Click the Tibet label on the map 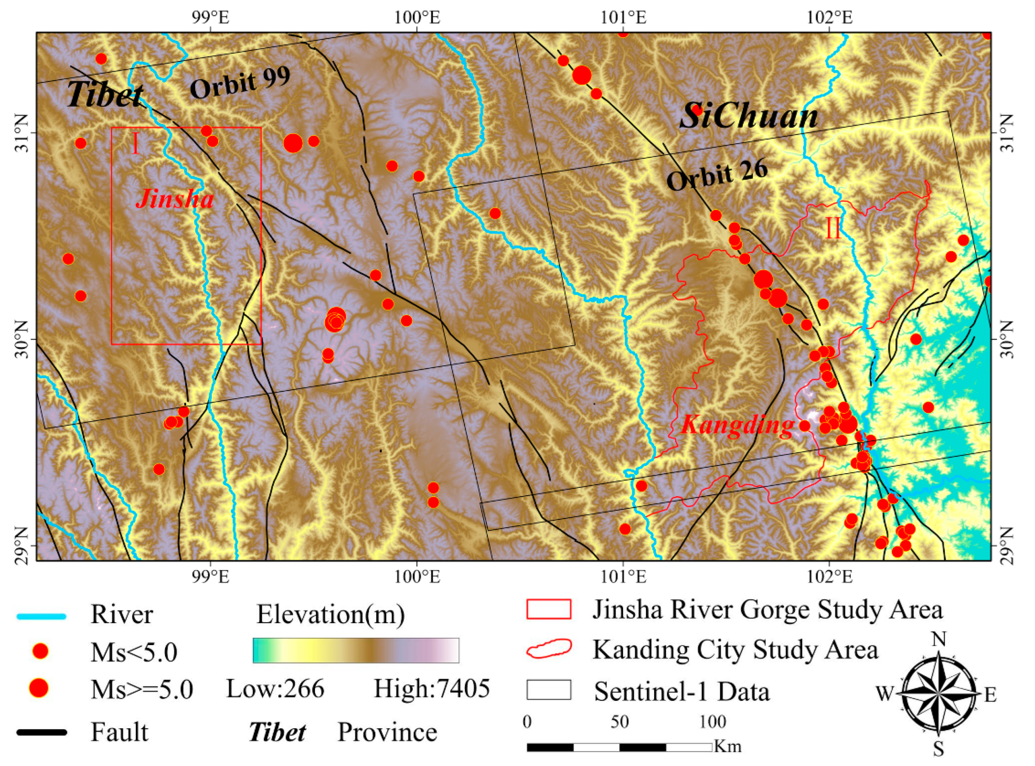[x=105, y=95]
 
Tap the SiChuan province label [x=749, y=117]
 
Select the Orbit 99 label [x=240, y=83]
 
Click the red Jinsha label [x=175, y=199]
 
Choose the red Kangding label [x=737, y=425]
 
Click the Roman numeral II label [x=833, y=229]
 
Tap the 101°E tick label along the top [x=623, y=18]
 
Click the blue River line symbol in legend [x=42, y=616]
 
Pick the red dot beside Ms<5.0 [x=41, y=651]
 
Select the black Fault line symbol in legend [x=42, y=732]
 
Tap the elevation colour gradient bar [x=356, y=651]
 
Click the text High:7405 [x=432, y=688]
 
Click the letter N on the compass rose [x=939, y=640]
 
